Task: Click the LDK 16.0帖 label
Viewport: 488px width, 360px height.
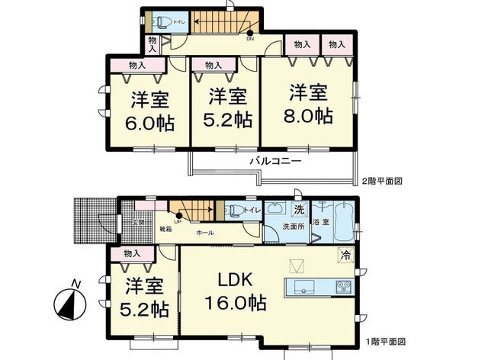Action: tap(235, 290)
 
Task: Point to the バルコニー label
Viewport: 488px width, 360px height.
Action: tap(275, 162)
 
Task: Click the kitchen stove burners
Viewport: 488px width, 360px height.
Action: tap(342, 288)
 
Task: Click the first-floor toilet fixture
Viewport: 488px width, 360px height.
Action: tap(233, 210)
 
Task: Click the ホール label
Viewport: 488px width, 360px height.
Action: tap(205, 232)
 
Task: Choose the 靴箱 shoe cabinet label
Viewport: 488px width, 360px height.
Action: tap(165, 229)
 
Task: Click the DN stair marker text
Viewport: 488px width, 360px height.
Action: tap(249, 39)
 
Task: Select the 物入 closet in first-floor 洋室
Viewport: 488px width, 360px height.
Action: tap(130, 253)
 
